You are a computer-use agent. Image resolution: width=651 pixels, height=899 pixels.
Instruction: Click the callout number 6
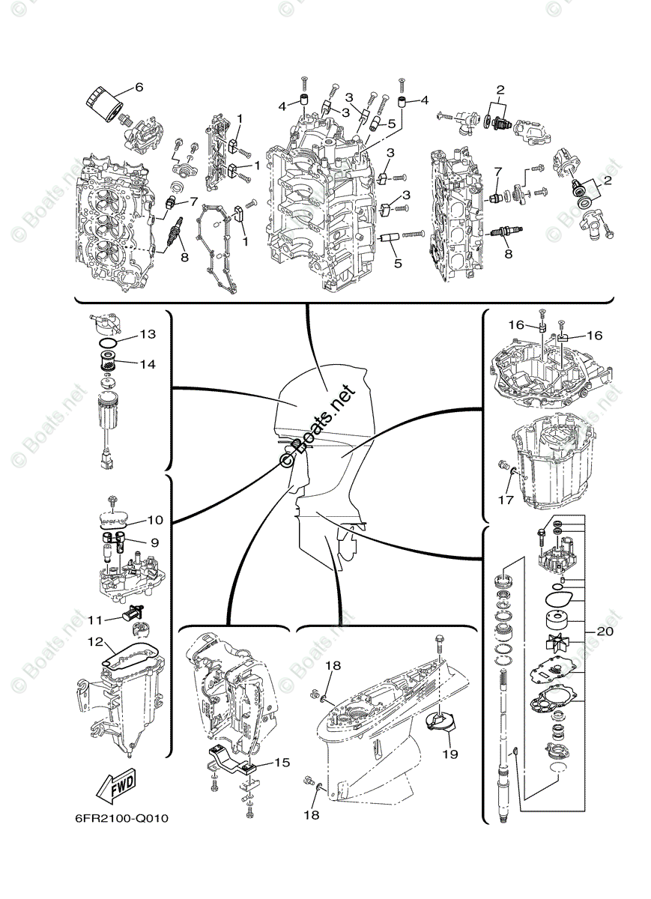(139, 87)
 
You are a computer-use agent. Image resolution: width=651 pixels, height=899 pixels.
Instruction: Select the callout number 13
(147, 334)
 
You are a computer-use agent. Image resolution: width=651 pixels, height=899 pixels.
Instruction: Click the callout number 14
(147, 364)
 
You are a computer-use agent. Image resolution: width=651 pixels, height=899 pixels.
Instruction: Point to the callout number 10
(154, 519)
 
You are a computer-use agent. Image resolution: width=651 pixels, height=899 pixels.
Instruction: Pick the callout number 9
(154, 542)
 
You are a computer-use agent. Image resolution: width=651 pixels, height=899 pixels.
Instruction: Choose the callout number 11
(95, 620)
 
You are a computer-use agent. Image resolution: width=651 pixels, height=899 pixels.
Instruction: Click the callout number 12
(95, 642)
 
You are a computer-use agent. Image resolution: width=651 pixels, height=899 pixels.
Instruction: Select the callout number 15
(281, 763)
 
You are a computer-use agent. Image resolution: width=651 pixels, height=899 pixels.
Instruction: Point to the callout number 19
(450, 754)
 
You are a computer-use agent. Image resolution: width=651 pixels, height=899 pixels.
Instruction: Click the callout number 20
(605, 632)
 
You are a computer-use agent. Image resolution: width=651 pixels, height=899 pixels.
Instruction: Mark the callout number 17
(506, 500)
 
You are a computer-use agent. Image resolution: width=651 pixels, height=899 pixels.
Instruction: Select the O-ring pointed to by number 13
(109, 343)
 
